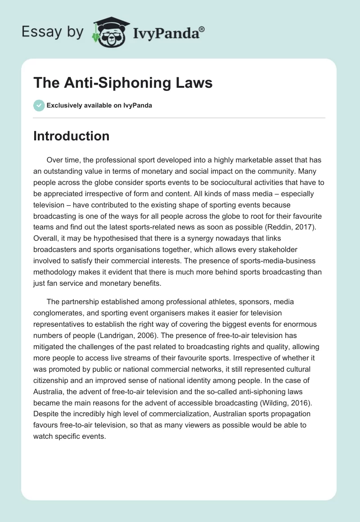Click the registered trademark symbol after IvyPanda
pyautogui.click(x=202, y=29)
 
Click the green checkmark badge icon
pyautogui.click(x=39, y=105)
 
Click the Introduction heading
pyautogui.click(x=71, y=136)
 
